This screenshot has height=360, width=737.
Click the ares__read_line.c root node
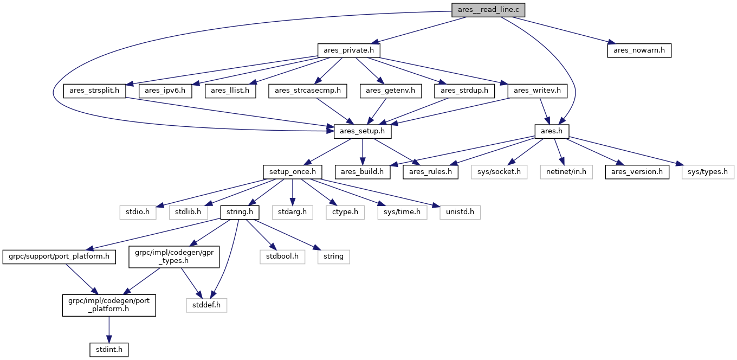click(x=488, y=10)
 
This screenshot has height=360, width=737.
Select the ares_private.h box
click(x=349, y=50)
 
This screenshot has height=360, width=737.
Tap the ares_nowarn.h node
click(x=639, y=50)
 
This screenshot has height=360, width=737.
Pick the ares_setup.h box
click(x=363, y=131)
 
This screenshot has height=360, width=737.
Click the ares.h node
click(x=552, y=131)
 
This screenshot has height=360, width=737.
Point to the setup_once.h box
click(x=293, y=172)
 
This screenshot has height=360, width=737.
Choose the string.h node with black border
click(x=240, y=212)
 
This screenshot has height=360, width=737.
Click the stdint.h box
click(x=109, y=350)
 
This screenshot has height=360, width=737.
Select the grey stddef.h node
click(x=206, y=305)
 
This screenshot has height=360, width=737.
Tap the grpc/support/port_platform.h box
click(x=59, y=256)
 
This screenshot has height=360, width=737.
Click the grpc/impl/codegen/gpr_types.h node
click(x=174, y=256)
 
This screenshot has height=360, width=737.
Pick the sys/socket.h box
click(x=499, y=172)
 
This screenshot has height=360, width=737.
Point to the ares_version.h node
click(x=637, y=172)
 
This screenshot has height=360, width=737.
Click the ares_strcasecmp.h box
click(x=308, y=91)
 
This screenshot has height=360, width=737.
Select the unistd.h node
click(x=460, y=212)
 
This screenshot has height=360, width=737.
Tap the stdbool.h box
click(x=282, y=256)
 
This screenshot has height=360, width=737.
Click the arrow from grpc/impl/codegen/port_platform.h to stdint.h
click(x=109, y=330)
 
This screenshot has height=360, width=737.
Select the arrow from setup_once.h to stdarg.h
click(x=293, y=192)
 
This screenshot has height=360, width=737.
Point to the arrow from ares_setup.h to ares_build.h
click(x=363, y=152)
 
